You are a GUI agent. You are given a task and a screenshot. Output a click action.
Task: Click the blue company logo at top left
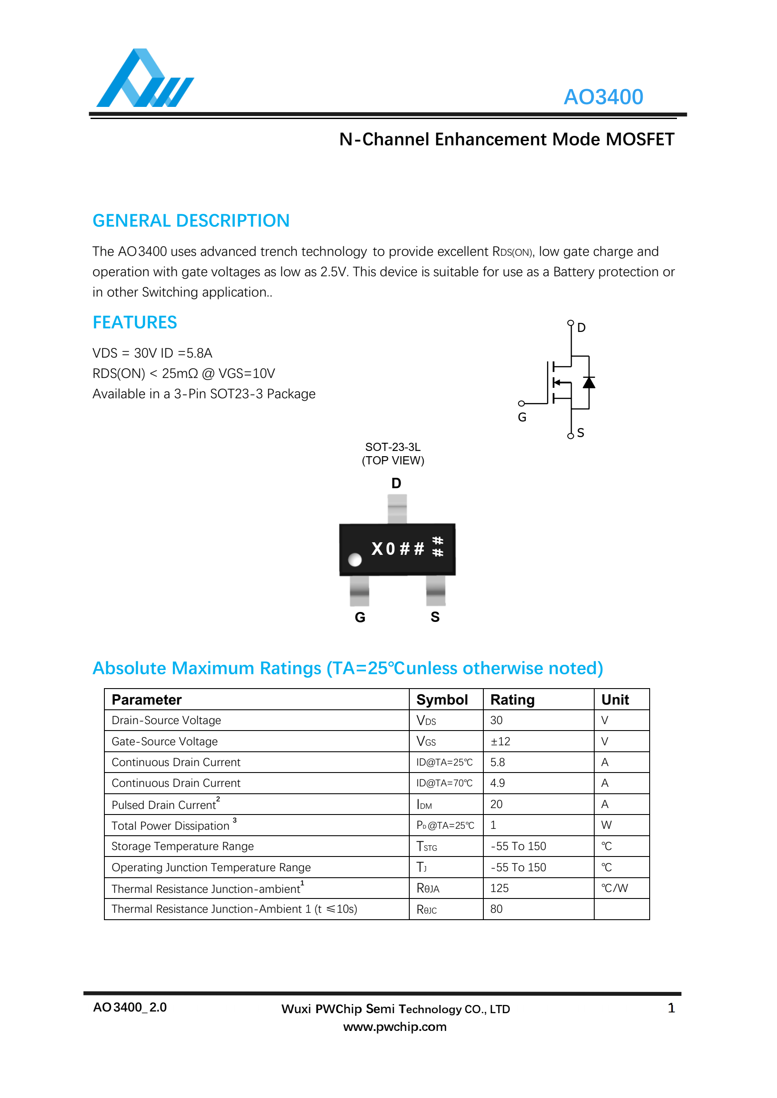point(145,79)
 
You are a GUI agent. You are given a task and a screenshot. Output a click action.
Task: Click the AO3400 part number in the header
point(603,97)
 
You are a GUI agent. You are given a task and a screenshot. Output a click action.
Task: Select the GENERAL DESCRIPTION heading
point(191,221)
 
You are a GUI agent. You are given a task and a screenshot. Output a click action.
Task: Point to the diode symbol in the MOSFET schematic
point(589,383)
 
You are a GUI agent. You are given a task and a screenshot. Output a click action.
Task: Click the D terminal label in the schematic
point(581,328)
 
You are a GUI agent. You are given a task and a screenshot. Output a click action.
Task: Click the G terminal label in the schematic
point(522,418)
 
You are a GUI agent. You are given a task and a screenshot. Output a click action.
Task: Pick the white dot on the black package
point(355,559)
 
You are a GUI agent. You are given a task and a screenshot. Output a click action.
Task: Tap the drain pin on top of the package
point(397,509)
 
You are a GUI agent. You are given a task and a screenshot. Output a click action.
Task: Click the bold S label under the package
point(435,617)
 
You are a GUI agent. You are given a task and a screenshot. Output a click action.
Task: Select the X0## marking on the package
point(398,548)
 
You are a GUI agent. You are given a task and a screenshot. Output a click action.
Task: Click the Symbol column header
point(442,700)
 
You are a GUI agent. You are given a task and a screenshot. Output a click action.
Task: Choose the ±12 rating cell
point(500,741)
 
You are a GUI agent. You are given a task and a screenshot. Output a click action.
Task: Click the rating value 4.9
point(498,783)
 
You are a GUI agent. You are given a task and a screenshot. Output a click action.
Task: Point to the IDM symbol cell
point(424,805)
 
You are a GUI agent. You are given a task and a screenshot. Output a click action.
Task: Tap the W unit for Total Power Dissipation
point(606,825)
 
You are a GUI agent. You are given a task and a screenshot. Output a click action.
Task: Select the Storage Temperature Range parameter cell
point(182,847)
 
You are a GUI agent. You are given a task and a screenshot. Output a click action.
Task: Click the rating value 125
point(499,888)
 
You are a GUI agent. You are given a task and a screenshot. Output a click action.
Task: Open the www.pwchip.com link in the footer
point(395,1027)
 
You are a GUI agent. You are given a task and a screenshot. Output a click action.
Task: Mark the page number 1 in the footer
point(671,1008)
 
